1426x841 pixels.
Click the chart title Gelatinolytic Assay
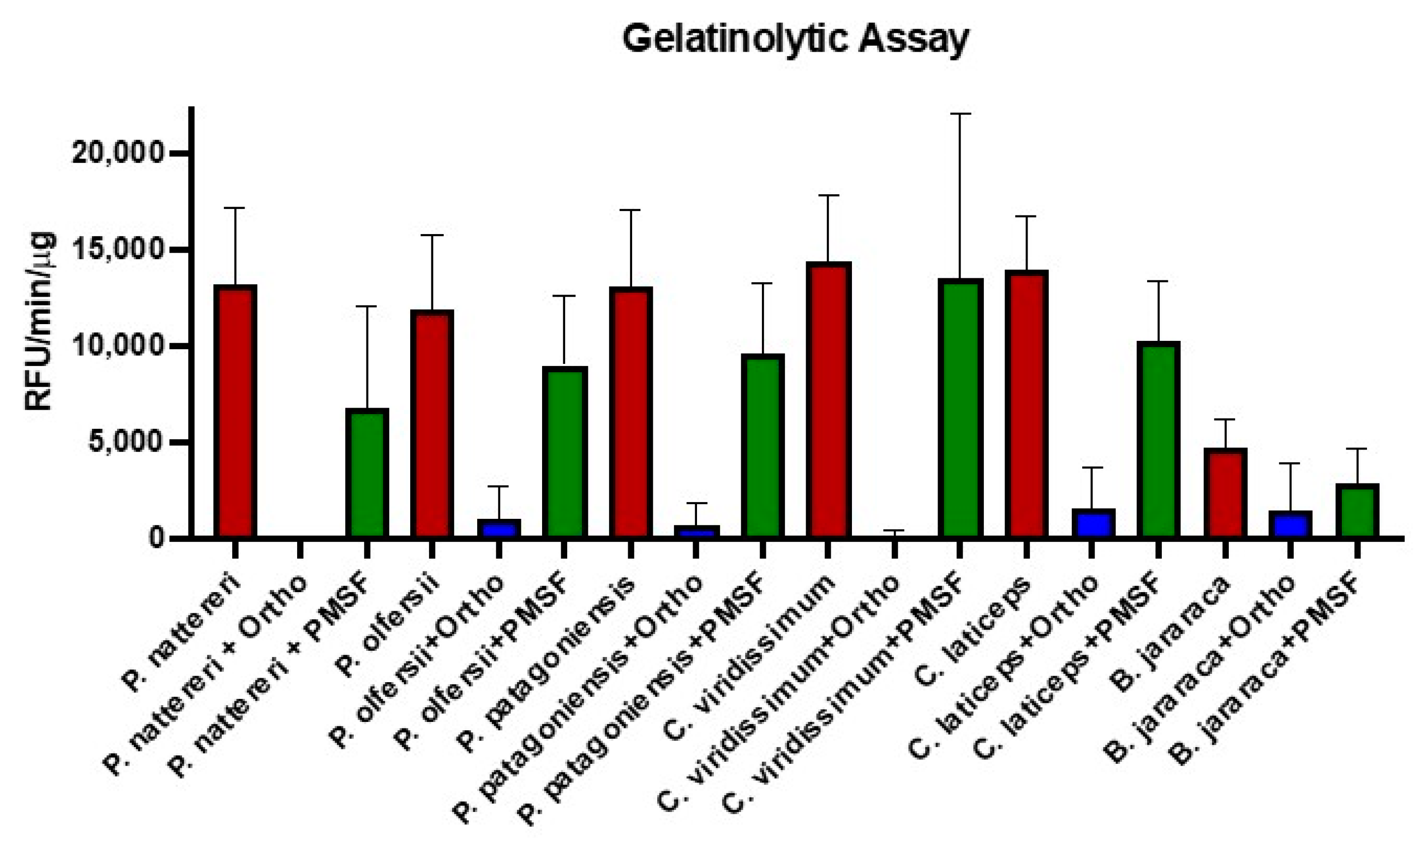coord(795,40)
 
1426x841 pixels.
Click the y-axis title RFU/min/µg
coord(40,321)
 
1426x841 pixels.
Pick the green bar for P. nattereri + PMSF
coord(366,473)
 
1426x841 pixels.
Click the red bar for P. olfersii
coord(432,424)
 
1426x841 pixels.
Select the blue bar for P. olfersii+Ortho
coord(498,528)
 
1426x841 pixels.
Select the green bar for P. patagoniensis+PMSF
coord(762,446)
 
